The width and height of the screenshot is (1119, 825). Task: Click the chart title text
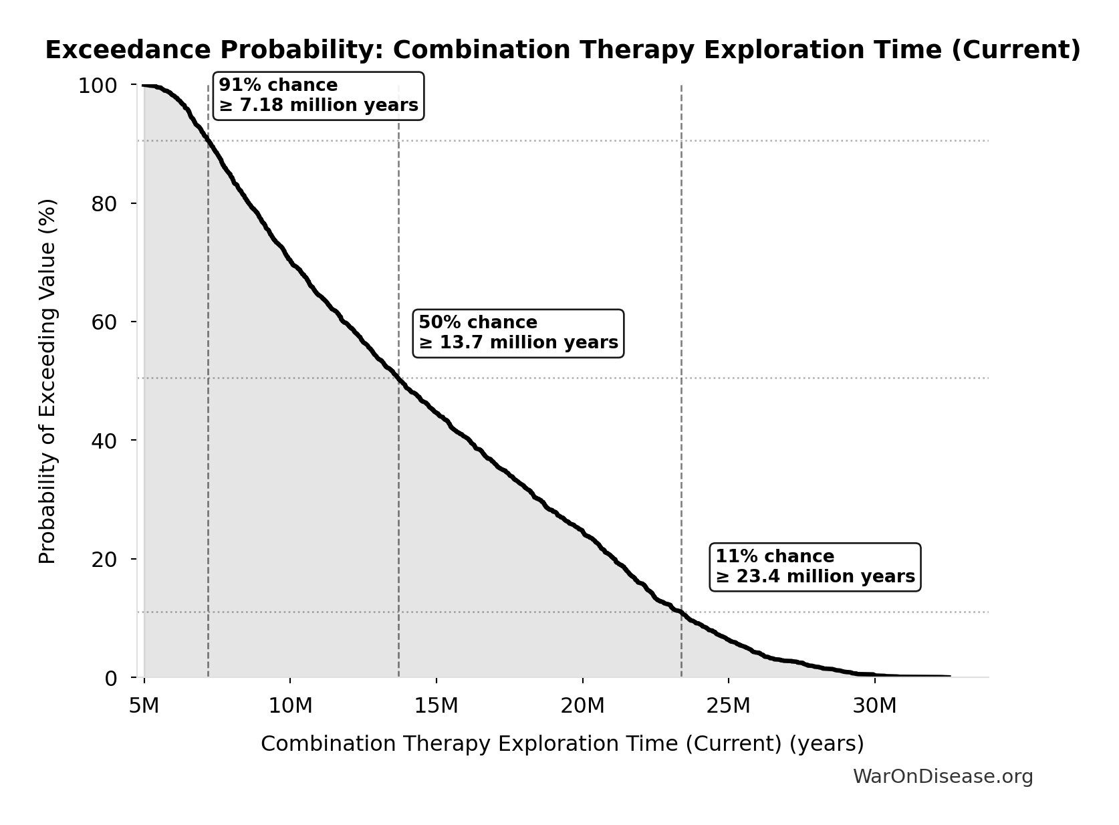click(x=562, y=50)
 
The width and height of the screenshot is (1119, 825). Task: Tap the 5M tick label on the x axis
click(x=144, y=706)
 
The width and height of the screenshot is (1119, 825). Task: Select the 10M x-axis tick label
click(x=290, y=706)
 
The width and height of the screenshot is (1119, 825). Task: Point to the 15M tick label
click(x=436, y=706)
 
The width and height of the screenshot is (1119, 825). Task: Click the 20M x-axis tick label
click(x=582, y=706)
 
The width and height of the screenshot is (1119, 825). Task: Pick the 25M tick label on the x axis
click(x=728, y=706)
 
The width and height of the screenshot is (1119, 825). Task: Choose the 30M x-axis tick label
click(x=874, y=706)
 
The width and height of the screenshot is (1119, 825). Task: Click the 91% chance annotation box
click(x=318, y=96)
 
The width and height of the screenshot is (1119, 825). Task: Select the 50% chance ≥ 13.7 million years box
click(x=518, y=333)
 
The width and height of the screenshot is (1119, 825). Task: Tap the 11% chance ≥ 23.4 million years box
click(x=815, y=567)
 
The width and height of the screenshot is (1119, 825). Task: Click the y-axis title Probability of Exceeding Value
click(x=47, y=381)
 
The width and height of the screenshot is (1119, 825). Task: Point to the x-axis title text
click(x=562, y=744)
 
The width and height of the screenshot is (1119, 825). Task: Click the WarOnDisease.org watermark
click(x=943, y=777)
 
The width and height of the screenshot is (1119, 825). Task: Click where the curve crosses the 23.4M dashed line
click(x=681, y=612)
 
